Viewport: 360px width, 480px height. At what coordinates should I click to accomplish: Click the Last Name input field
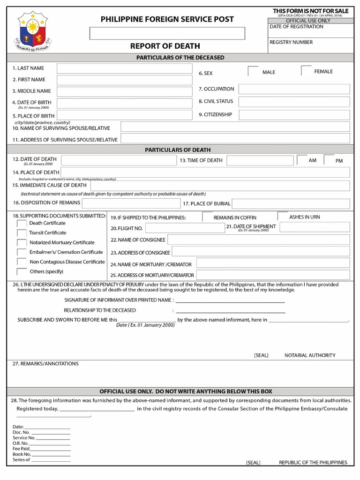124,68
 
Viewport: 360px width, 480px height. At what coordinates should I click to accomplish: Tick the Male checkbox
253,71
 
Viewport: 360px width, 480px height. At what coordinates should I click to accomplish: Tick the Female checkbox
306,71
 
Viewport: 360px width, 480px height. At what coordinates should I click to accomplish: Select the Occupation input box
294,89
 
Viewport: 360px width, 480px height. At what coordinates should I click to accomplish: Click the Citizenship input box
294,115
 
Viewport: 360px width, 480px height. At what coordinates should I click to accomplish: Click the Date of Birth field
124,103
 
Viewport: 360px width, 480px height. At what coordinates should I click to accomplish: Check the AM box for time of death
301,160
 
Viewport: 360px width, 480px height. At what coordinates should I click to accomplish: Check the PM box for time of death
329,160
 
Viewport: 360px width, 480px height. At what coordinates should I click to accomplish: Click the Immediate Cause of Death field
220,186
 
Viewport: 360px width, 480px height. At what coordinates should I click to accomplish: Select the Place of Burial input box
291,203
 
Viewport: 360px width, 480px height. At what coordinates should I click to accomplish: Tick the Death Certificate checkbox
22,224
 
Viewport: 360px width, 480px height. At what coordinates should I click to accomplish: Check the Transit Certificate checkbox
22,233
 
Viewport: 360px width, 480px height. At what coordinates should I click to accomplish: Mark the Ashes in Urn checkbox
282,217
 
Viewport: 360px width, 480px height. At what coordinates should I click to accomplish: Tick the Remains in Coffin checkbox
207,217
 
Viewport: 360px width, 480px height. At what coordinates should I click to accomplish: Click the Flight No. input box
184,228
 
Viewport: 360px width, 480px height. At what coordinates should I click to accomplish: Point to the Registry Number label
291,42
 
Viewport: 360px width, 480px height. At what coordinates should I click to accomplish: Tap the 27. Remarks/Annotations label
45,364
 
